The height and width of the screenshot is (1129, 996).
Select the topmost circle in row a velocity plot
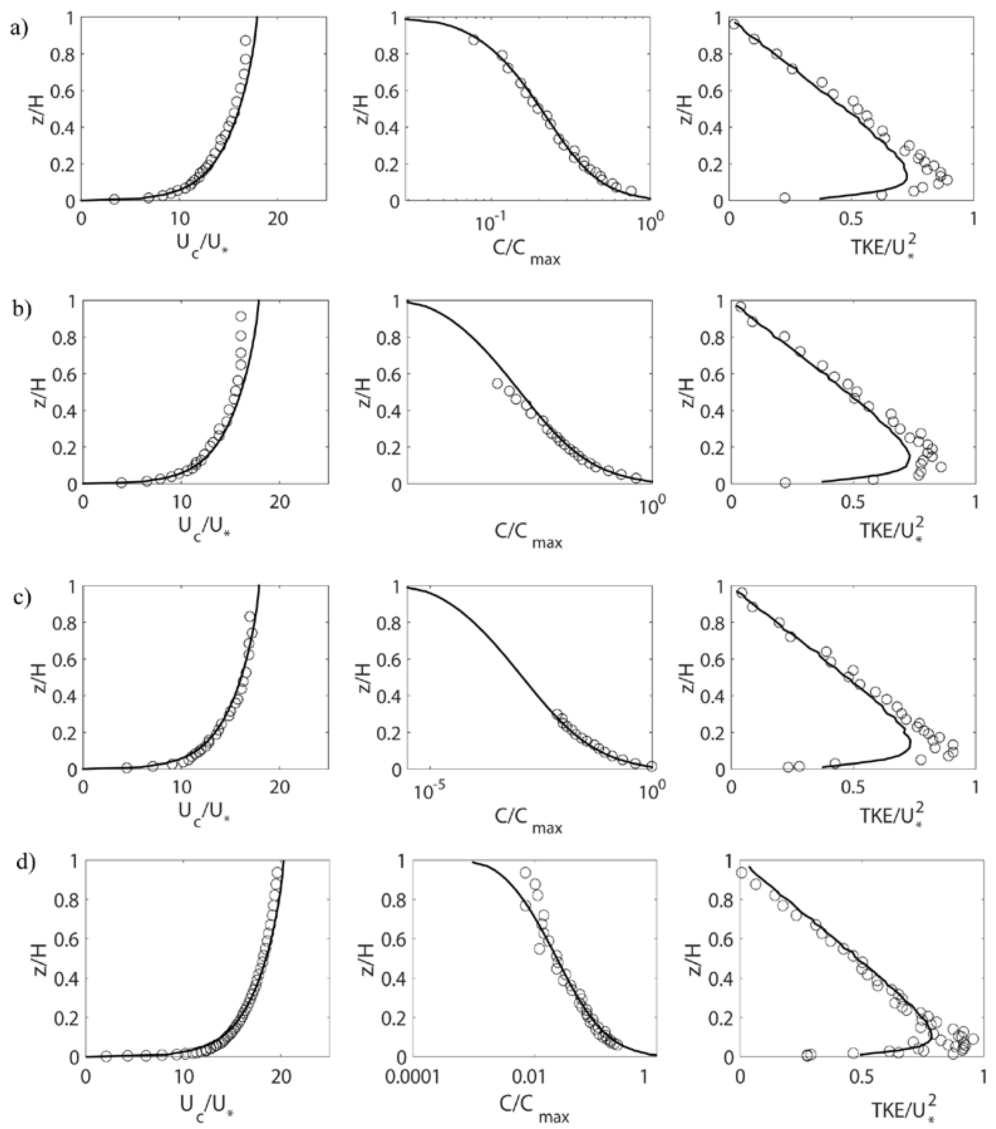[245, 40]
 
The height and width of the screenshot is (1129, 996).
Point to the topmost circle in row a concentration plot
[474, 40]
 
